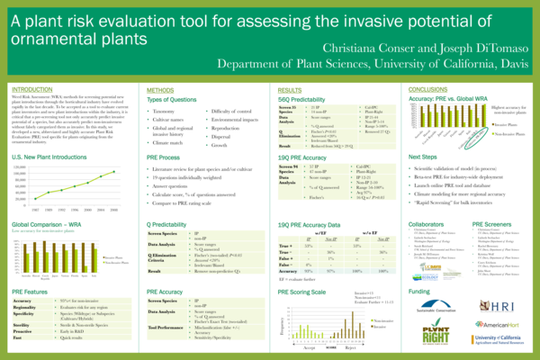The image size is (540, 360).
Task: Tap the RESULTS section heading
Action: tap(290, 91)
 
